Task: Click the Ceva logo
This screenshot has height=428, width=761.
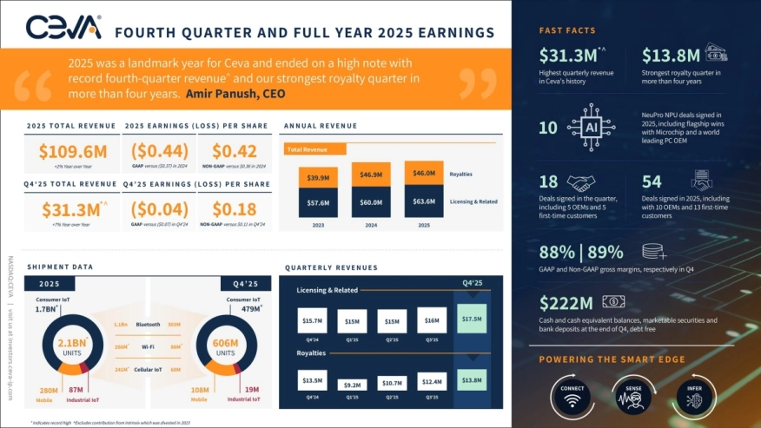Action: (63, 29)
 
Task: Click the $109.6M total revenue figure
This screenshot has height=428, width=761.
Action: (73, 151)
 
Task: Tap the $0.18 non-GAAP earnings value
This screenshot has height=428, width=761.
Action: (234, 209)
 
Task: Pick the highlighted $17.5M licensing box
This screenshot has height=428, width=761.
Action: (472, 318)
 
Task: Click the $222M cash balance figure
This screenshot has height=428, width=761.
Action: (566, 303)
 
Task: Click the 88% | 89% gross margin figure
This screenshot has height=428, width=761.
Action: (581, 253)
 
